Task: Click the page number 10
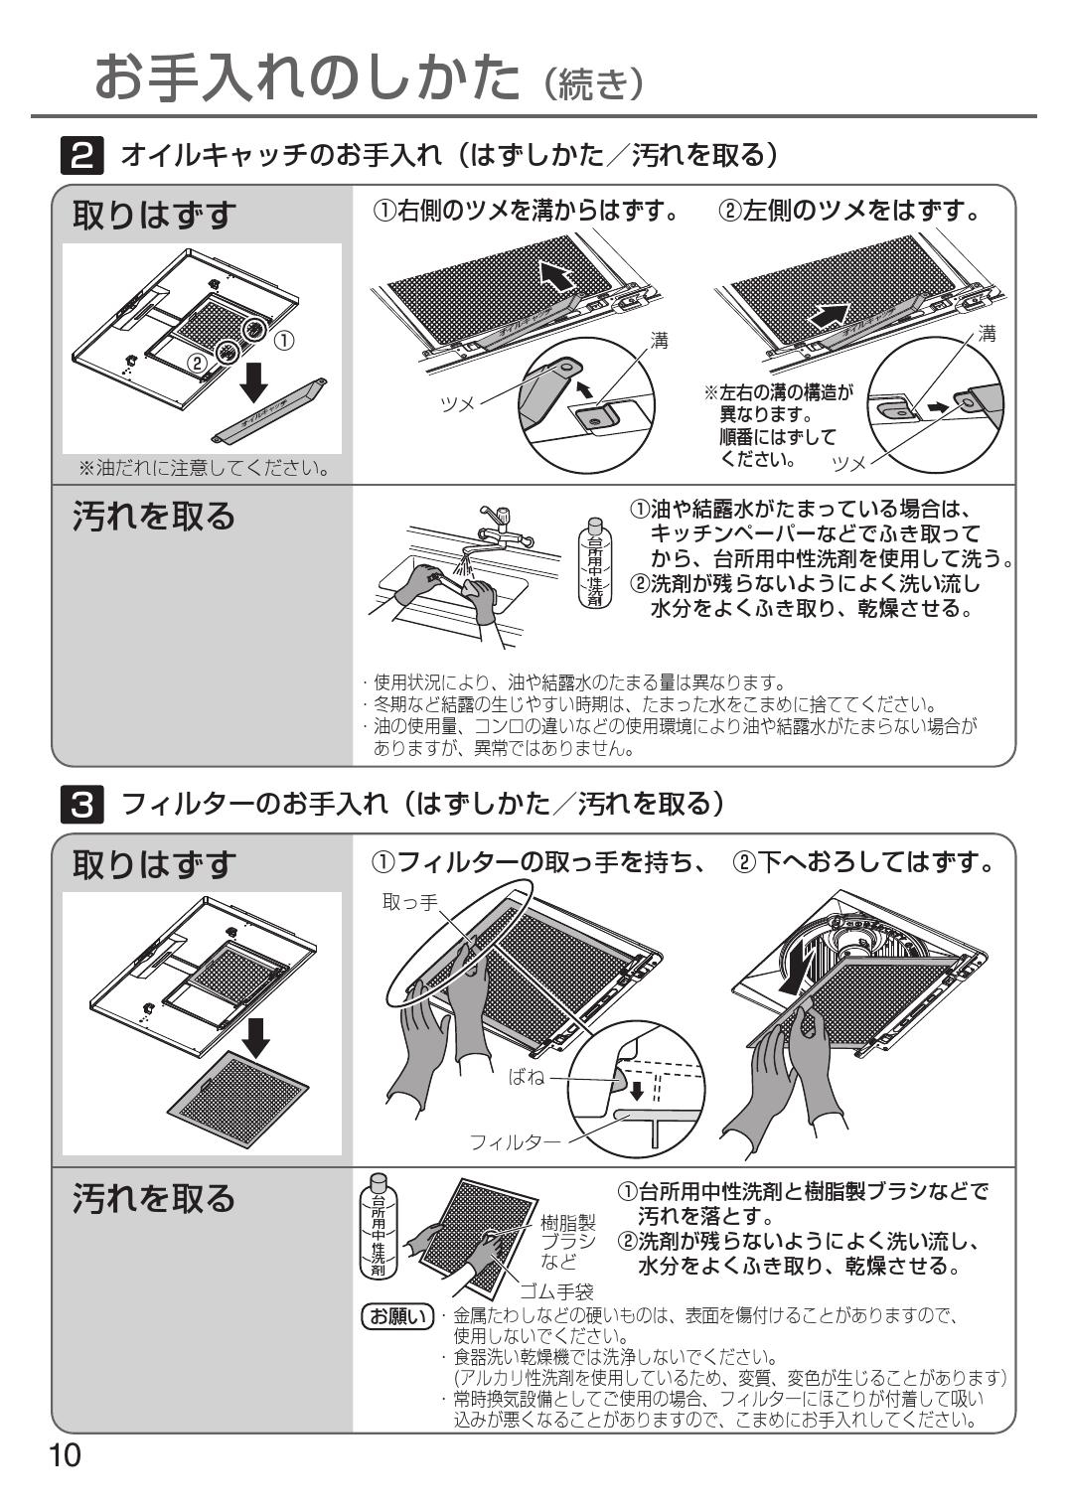66,1456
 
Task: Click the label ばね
527,1077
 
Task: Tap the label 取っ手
409,902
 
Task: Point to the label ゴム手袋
556,1291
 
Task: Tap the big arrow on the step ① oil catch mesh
556,274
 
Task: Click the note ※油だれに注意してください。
204,467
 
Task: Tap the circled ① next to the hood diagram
283,340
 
